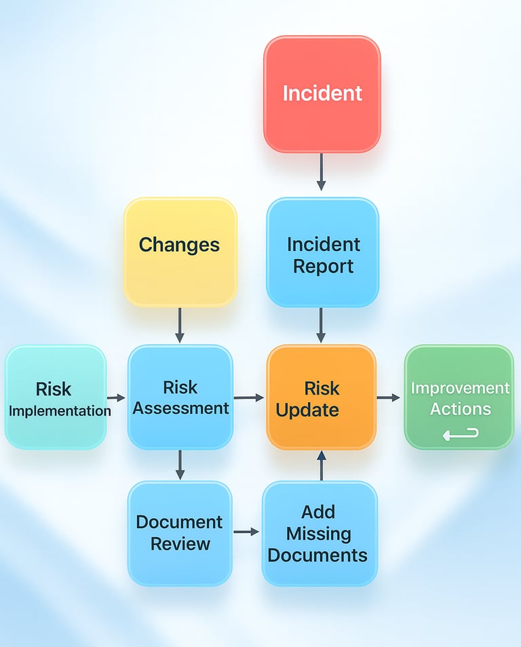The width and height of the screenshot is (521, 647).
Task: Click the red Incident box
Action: pyautogui.click(x=322, y=94)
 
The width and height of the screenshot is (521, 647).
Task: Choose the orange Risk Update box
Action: pyautogui.click(x=321, y=397)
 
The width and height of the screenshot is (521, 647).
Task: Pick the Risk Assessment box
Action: pyautogui.click(x=180, y=397)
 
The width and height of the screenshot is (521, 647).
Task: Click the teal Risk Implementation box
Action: pyautogui.click(x=56, y=397)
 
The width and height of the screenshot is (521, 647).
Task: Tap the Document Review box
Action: pyautogui.click(x=180, y=534)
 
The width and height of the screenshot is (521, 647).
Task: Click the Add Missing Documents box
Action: pyautogui.click(x=319, y=534)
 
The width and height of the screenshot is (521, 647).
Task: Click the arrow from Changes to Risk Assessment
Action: pyautogui.click(x=180, y=326)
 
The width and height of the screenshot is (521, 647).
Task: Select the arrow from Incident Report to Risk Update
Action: pyautogui.click(x=322, y=326)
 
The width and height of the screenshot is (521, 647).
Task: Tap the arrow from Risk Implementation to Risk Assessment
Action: pyautogui.click(x=116, y=398)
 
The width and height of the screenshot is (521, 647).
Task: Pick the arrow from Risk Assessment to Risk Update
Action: pyautogui.click(x=249, y=398)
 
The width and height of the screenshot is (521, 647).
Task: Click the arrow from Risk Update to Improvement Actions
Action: pyautogui.click(x=389, y=397)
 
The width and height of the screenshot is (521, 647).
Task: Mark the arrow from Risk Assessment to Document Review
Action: pyautogui.click(x=180, y=465)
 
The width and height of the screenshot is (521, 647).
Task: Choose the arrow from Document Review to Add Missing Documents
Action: pyautogui.click(x=246, y=532)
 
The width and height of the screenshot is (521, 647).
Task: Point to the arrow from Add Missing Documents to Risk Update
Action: pyautogui.click(x=322, y=466)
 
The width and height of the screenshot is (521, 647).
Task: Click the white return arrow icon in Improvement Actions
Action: pyautogui.click(x=461, y=433)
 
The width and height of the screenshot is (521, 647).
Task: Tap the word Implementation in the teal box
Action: pyautogui.click(x=60, y=410)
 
